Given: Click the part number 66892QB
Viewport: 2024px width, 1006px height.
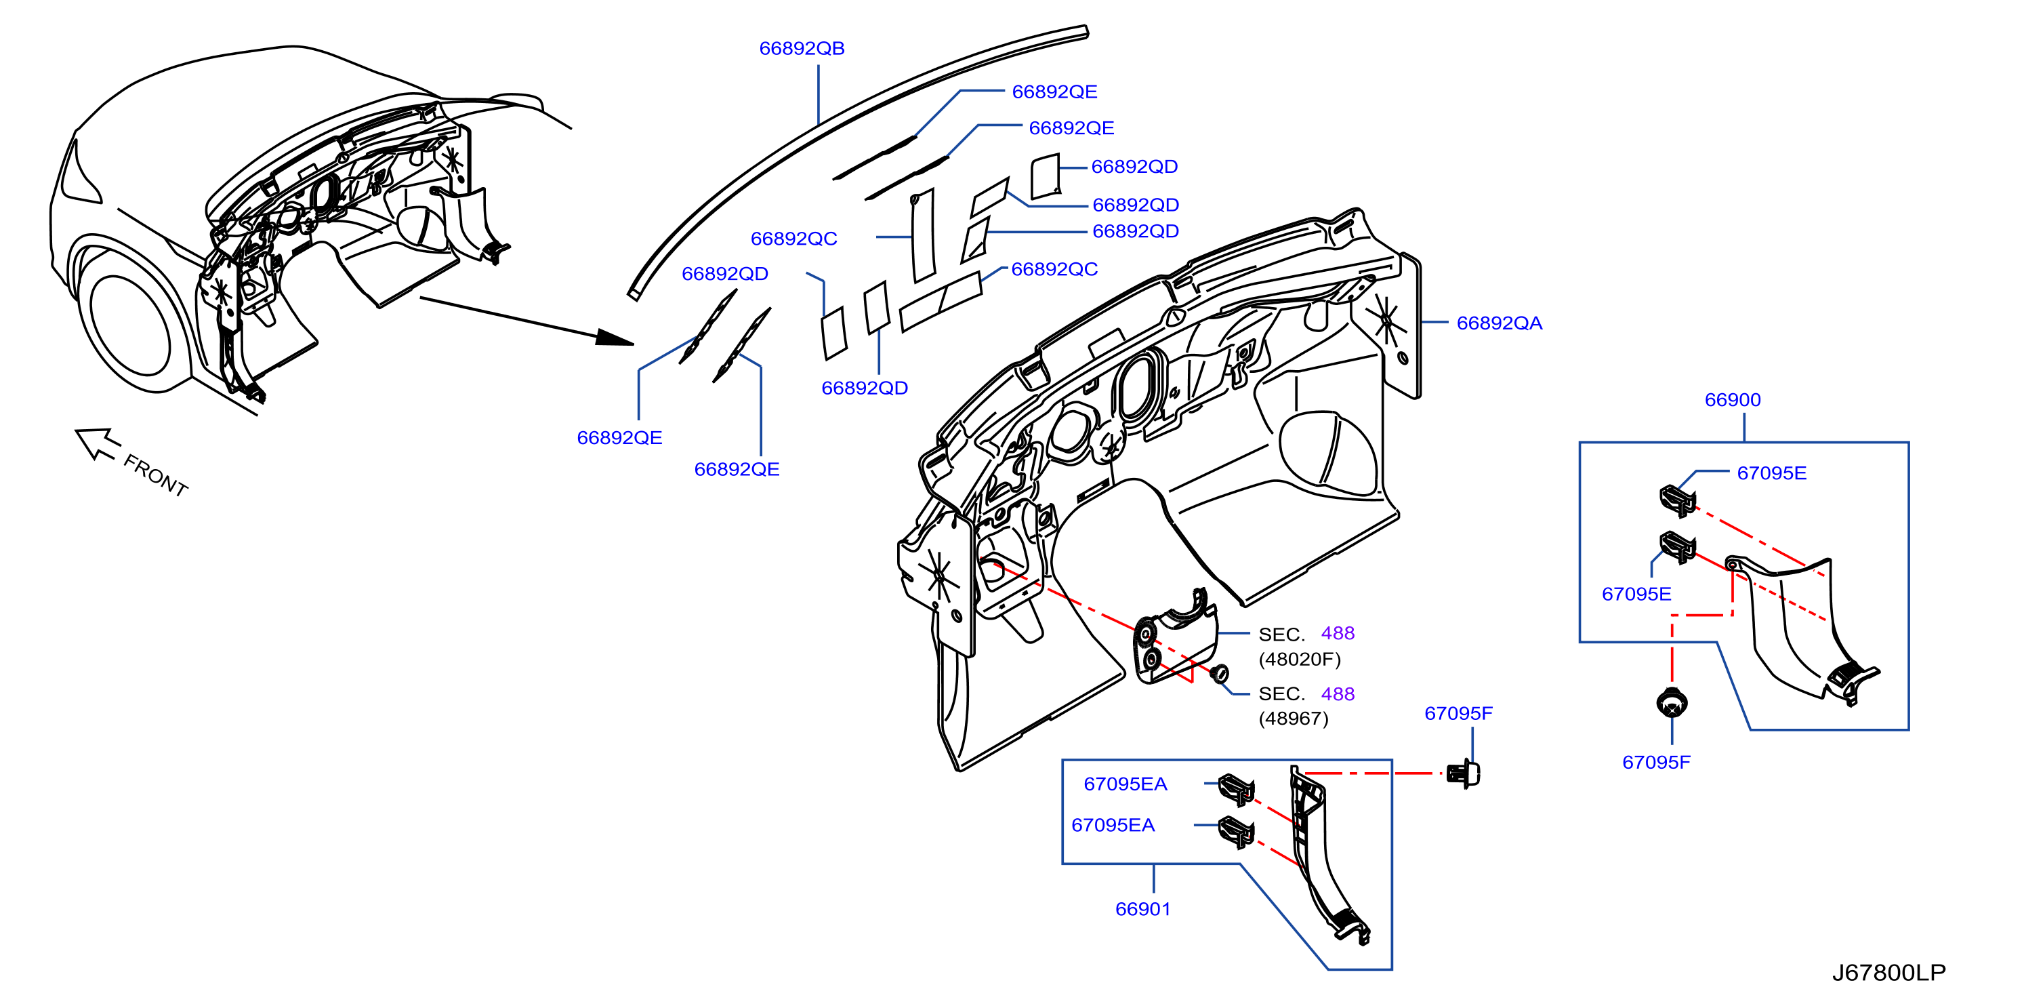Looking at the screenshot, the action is (802, 48).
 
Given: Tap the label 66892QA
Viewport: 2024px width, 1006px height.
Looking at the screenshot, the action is (1499, 323).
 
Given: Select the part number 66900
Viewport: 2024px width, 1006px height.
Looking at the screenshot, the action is (1733, 399).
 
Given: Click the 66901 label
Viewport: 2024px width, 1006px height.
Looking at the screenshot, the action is (1142, 908).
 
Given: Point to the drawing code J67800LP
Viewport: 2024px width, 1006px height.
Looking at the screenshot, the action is (1889, 972).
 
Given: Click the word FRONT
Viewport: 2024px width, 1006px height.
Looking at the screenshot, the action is (156, 475).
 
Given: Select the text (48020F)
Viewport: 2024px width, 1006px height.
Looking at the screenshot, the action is (1300, 659).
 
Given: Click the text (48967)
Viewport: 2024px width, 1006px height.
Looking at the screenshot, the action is (1294, 719).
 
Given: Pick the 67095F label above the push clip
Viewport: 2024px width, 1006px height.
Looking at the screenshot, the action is (1458, 713).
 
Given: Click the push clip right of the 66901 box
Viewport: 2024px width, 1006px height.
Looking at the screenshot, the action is (1464, 774).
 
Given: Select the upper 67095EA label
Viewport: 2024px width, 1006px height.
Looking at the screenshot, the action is (1125, 784).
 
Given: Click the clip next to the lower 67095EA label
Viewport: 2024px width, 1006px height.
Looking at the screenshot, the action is (1236, 832).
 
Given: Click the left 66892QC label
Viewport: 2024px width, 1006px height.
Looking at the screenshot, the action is (793, 238).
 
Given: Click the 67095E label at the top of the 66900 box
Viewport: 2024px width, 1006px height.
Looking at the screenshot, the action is (1772, 472).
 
